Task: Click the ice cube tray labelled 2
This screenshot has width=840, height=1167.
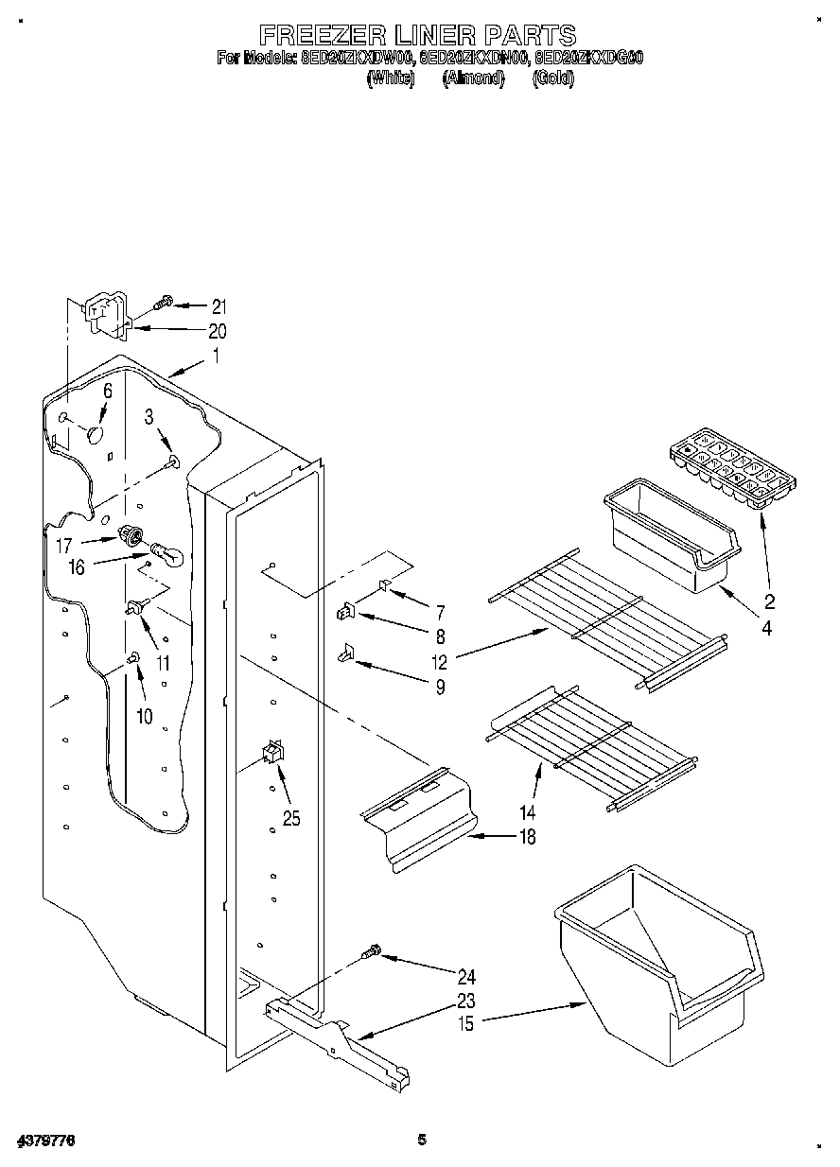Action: point(731,469)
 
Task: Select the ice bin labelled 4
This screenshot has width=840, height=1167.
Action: point(670,542)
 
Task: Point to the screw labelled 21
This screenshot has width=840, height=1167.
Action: point(164,302)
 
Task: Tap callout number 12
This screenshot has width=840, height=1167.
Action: point(438,660)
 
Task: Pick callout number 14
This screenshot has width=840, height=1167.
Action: point(526,811)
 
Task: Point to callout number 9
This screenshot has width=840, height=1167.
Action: point(440,687)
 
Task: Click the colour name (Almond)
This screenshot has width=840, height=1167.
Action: point(473,78)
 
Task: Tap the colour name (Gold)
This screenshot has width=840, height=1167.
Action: point(553,78)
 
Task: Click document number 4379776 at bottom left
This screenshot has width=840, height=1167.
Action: point(45,1142)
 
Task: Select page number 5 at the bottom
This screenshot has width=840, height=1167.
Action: point(422,1141)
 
